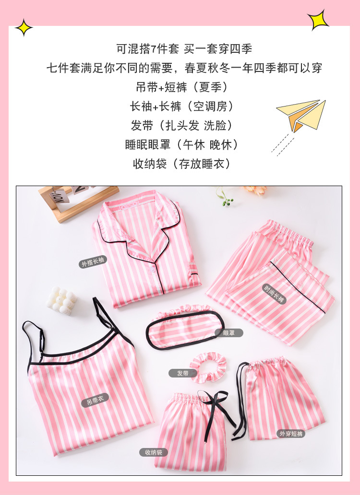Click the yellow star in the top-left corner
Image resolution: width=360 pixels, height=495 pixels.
pyautogui.click(x=24, y=28)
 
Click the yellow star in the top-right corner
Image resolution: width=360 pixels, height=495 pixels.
pyautogui.click(x=318, y=20)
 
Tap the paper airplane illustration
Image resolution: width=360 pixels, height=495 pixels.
pyautogui.click(x=301, y=115)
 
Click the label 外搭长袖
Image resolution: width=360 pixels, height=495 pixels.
pyautogui.click(x=93, y=263)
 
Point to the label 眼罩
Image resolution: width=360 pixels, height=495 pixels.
pyautogui.click(x=228, y=332)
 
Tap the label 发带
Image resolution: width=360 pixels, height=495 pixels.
pyautogui.click(x=182, y=373)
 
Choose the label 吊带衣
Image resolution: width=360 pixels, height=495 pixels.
pyautogui.click(x=95, y=400)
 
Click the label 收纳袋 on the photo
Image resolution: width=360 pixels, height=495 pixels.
pyautogui.click(x=154, y=452)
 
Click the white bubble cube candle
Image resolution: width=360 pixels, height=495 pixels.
pyautogui.click(x=61, y=300)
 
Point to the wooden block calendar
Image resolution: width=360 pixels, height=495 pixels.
pyautogui.click(x=77, y=201)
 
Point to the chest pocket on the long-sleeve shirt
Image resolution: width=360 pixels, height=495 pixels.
pyautogui.click(x=193, y=276)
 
